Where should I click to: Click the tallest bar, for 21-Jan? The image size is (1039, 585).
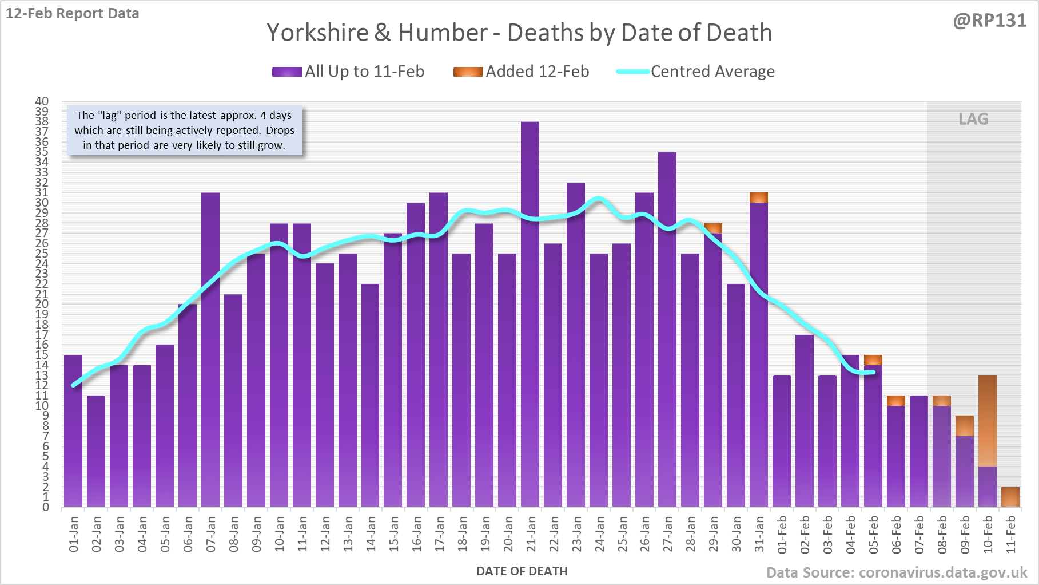tap(530, 315)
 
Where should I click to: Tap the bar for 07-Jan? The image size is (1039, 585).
tap(210, 349)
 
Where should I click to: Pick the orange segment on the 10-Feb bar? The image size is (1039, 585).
tap(988, 421)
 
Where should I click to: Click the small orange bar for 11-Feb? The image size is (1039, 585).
tap(1010, 497)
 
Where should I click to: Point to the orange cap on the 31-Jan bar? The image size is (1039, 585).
tap(759, 197)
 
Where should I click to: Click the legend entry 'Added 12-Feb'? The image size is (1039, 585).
tap(521, 72)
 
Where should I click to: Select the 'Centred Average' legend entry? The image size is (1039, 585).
tap(695, 72)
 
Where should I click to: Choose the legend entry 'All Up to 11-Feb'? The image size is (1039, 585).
tap(348, 72)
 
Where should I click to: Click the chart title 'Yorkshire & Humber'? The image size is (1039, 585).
tap(519, 33)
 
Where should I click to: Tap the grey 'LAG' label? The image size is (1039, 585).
tap(973, 119)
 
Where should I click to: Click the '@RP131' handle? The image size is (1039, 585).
tap(989, 21)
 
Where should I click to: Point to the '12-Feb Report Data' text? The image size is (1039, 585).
tap(73, 13)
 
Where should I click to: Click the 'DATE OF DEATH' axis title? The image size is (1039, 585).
tap(522, 571)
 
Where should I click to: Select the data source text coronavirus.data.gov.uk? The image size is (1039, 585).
tap(897, 572)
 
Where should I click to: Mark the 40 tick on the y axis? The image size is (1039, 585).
tap(42, 101)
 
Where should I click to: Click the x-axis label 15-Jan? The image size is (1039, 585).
tap(393, 533)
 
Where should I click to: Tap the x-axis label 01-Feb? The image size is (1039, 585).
tap(782, 533)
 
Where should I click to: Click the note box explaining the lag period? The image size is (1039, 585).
tap(185, 131)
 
